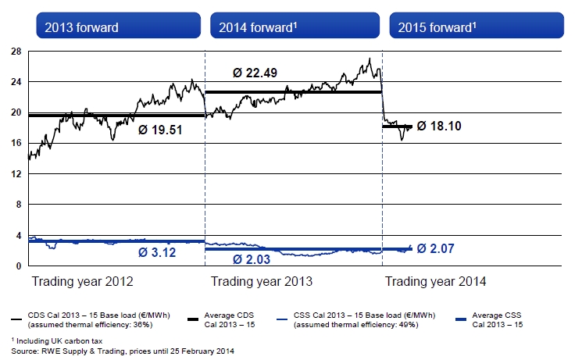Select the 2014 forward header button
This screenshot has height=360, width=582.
click(296, 27)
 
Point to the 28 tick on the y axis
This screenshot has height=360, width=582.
click(16, 51)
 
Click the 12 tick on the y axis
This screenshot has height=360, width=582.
click(16, 174)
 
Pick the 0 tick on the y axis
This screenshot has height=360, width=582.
click(19, 266)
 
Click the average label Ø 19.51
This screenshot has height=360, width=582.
click(160, 130)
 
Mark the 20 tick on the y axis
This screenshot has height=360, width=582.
click(16, 112)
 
